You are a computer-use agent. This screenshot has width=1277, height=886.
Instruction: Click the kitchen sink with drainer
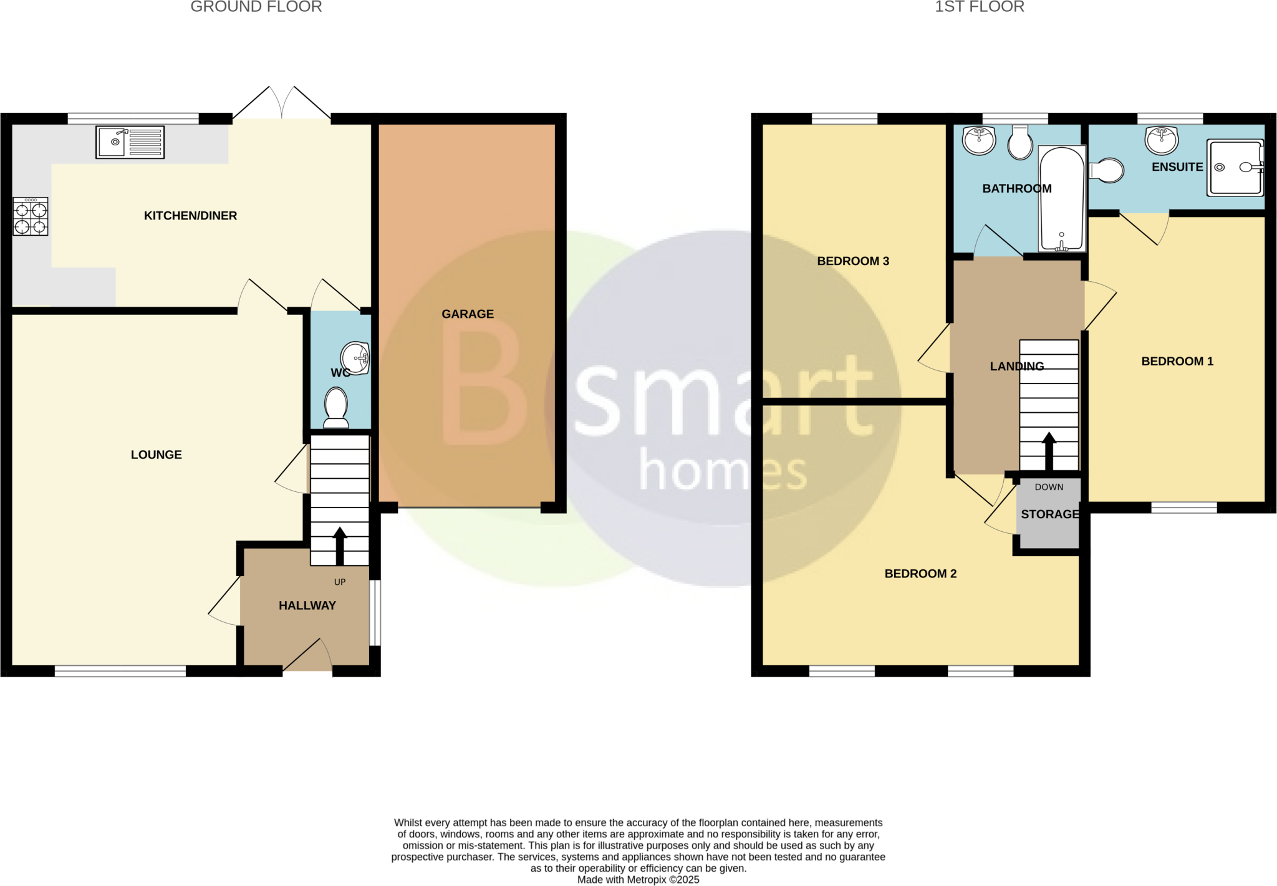(130, 142)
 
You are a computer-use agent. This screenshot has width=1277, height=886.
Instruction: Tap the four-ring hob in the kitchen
(30, 216)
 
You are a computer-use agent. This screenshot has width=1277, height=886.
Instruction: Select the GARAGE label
(468, 314)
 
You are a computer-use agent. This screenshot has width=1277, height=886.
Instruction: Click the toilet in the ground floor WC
(337, 408)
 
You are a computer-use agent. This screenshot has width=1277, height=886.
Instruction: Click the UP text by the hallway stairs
(340, 582)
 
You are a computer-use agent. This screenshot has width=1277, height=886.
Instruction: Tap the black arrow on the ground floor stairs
(340, 546)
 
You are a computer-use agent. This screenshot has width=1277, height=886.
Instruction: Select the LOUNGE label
(157, 455)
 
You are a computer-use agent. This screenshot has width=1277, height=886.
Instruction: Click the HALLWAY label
(307, 605)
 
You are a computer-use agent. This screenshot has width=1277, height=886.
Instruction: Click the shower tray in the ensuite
(1235, 167)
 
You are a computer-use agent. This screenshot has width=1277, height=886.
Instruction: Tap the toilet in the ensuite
(1107, 170)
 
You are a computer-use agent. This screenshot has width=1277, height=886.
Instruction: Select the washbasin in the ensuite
(1162, 140)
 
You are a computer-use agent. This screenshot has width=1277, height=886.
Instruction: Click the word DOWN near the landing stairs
(1049, 487)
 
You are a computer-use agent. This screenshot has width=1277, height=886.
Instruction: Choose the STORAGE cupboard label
(1050, 514)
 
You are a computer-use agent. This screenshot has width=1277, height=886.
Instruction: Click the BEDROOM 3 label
(853, 261)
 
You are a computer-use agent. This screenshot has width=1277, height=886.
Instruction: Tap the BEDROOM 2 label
(920, 574)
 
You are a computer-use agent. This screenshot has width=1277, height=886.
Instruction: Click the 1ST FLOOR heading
(979, 7)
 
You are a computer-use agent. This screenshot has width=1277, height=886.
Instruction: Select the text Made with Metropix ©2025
(638, 880)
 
